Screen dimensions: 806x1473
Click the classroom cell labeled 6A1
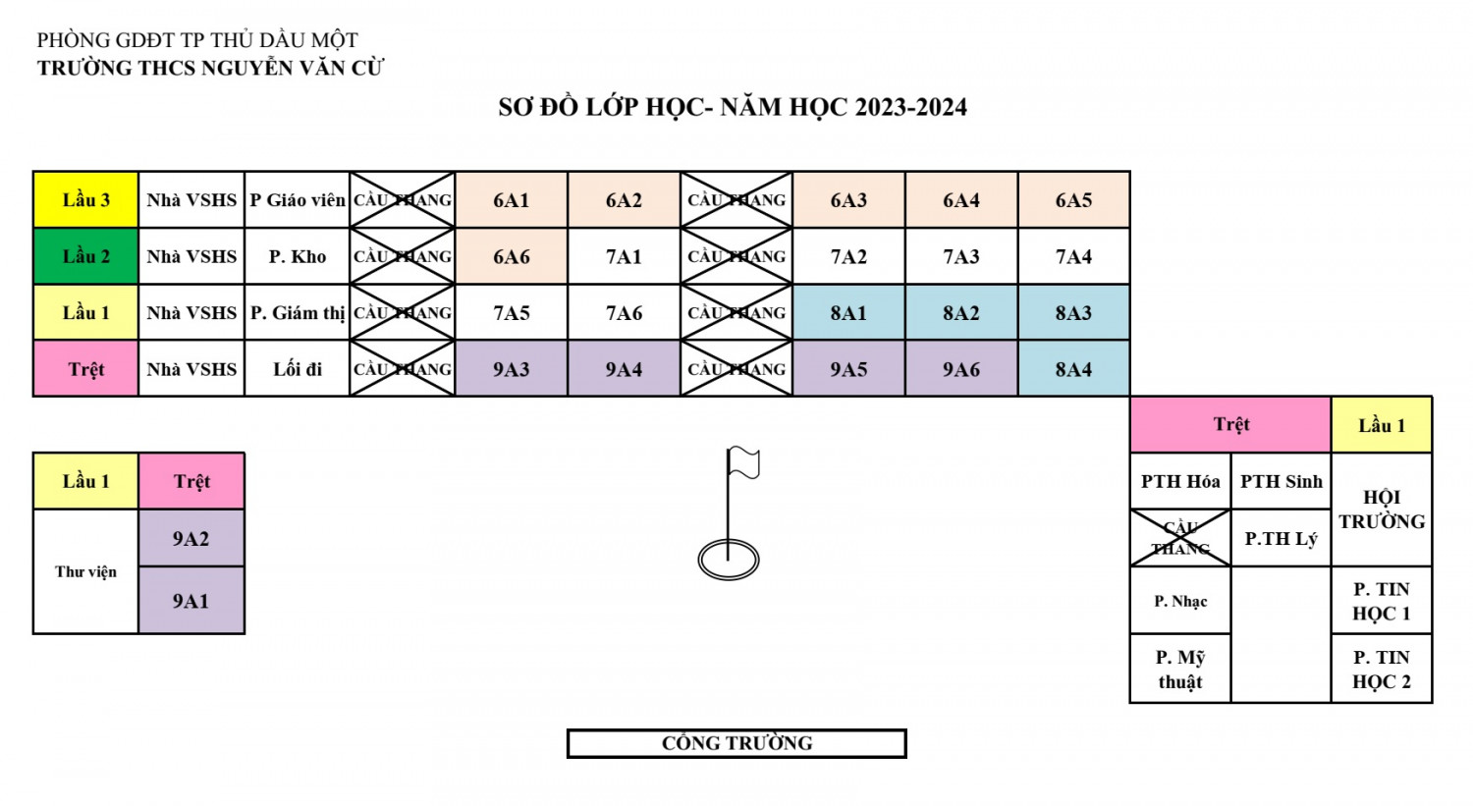511,200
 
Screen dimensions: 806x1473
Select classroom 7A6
624,313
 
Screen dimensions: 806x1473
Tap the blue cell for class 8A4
1073,369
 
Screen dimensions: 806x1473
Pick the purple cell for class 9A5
848,369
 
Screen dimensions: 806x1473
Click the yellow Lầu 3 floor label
85,200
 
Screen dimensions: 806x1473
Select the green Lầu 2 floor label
85,256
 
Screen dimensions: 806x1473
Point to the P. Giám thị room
297,313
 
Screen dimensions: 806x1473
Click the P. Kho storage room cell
297,256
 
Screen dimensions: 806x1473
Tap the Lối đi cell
297,369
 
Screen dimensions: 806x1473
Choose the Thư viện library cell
85,571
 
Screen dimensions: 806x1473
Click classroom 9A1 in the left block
191,601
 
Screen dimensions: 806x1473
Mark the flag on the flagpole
743,462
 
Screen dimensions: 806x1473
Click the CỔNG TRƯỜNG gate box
736,743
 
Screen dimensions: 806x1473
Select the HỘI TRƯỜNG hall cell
1381,509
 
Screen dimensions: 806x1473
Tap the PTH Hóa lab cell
1179,481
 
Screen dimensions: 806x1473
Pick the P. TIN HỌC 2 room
1381,670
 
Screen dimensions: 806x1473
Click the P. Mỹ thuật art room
1179,670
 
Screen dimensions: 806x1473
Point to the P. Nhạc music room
1179,601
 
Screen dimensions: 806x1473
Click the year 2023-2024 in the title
910,107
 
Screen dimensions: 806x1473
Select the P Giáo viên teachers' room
297,200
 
